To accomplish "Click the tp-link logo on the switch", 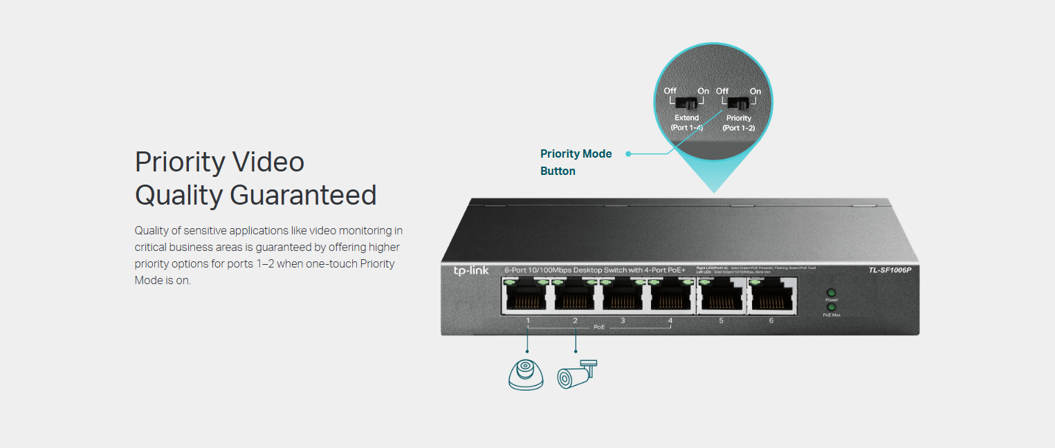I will click(x=470, y=270).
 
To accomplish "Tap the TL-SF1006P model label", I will click(x=890, y=270).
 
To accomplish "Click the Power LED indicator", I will click(x=831, y=293).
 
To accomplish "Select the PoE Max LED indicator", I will click(x=831, y=308).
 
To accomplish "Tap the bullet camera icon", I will click(x=576, y=374).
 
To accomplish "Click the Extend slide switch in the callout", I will click(x=686, y=104).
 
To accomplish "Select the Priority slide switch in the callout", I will click(x=738, y=104).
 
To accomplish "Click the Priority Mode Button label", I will click(x=576, y=162).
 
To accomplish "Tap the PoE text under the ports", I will click(x=599, y=326).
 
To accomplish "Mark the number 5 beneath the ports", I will click(x=721, y=321).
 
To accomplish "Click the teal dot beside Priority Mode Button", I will click(x=628, y=153).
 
